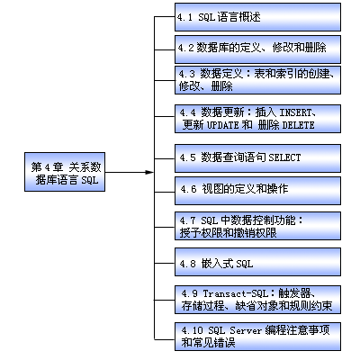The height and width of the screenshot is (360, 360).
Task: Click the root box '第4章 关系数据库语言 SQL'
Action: coord(65,172)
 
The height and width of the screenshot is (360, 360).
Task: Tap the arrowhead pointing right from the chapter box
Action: coord(149,172)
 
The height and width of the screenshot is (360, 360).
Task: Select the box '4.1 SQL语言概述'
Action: coord(257,17)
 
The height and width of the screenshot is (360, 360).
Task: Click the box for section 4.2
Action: coord(257,49)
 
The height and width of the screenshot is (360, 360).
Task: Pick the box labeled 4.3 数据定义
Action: coord(257,80)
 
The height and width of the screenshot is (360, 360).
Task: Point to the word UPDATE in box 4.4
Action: coord(223,125)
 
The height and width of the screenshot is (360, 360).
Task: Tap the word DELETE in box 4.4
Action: coord(299,125)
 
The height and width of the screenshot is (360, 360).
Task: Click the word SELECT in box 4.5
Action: coord(284,157)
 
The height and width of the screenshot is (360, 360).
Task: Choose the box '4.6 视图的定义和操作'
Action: coord(257,191)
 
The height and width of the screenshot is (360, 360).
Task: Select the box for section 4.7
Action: coord(257,226)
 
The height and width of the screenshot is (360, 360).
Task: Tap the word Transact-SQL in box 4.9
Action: coord(236,293)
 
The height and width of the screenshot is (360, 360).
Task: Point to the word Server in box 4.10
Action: coord(246,330)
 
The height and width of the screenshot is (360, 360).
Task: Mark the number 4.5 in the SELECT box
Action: coord(187,157)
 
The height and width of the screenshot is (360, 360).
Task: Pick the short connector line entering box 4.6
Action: coord(165,192)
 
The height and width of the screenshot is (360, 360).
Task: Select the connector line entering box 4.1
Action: coord(165,17)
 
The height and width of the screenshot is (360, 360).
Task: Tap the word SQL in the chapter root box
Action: coord(90,180)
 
